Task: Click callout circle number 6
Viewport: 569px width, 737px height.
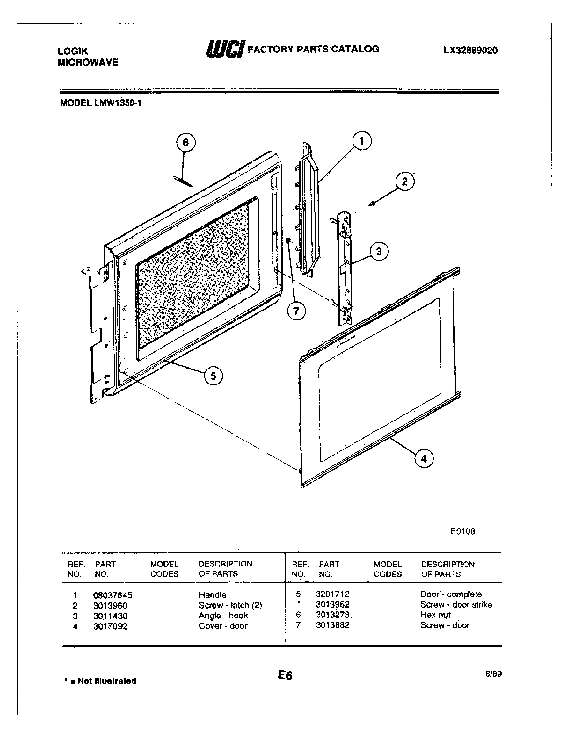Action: (186, 143)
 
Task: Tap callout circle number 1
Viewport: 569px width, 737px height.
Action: (362, 141)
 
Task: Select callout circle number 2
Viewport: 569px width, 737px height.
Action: (405, 182)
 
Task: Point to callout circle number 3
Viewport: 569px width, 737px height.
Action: (379, 251)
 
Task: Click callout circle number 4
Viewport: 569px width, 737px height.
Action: (424, 459)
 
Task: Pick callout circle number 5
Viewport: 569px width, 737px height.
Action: (213, 376)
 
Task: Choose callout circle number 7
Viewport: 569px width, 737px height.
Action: (296, 311)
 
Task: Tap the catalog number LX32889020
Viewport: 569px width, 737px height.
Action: (470, 50)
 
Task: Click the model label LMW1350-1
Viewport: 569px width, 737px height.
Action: (100, 103)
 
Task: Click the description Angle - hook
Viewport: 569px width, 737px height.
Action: (223, 615)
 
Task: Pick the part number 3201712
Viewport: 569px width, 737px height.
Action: (332, 594)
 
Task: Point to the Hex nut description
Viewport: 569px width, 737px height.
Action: (435, 615)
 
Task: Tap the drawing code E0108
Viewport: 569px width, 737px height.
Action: (463, 532)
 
